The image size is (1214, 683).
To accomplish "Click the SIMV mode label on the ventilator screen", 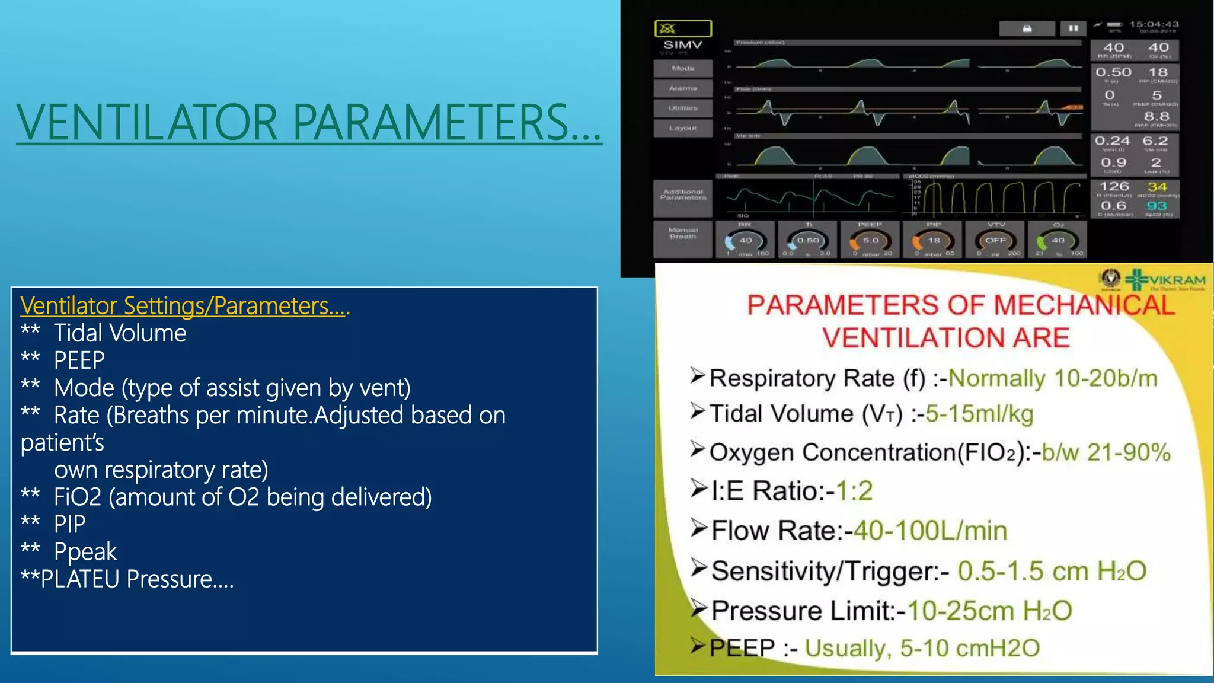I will coord(683,45).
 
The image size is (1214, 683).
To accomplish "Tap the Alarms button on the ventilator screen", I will coord(683,88).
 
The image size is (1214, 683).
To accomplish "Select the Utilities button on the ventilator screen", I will coord(683,108).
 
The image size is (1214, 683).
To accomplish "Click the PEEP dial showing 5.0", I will coord(870,241).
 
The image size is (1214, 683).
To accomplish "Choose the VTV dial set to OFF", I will coord(996,241).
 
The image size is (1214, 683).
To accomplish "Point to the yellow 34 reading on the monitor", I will coord(1157,187).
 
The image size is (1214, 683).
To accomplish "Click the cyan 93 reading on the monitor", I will coord(1157,206).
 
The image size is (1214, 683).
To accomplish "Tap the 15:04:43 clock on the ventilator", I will coord(1154,24).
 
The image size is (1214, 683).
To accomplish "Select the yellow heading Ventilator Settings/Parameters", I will coord(185,306).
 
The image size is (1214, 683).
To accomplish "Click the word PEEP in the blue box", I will coord(79,360).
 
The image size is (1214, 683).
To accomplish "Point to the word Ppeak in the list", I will coord(85,551).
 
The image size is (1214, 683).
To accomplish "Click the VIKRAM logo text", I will coord(1177,280).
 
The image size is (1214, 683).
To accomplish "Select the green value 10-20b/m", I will coord(1053,378).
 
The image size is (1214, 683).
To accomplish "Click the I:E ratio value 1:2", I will coord(854,491).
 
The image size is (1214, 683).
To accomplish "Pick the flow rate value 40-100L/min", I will coord(930,531).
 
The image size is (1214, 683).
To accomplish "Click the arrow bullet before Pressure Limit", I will coord(699,609).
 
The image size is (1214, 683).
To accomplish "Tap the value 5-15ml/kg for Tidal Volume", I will coord(979,414).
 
